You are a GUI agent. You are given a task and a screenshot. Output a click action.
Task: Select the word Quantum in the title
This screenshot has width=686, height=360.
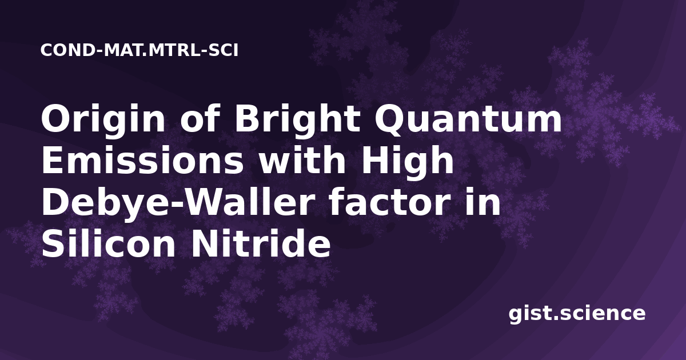(468, 119)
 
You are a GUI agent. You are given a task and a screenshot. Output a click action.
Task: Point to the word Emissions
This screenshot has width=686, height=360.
(142, 160)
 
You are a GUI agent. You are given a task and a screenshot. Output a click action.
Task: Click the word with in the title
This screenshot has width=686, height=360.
(302, 160)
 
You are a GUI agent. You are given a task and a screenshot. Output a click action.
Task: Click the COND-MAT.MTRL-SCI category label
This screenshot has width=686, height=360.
(139, 50)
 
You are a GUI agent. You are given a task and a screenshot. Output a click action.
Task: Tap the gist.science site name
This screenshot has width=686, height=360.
(577, 314)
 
